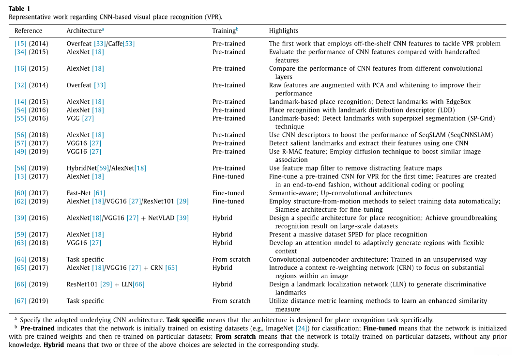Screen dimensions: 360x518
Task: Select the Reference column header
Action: pyautogui.click(x=28, y=31)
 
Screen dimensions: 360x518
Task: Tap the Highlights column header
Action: pyautogui.click(x=284, y=31)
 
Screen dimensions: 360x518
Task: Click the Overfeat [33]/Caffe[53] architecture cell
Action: pyautogui.click(x=101, y=44)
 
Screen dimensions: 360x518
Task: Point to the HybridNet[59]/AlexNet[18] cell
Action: pyautogui.click(x=106, y=168)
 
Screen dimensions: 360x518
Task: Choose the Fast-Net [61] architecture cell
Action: pyautogui.click(x=86, y=193)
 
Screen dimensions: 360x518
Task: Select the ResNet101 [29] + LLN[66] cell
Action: pyautogui.click(x=106, y=284)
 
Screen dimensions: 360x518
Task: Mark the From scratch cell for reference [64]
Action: pyautogui.click(x=231, y=259)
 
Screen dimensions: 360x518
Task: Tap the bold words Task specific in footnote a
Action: pyautogui.click(x=185, y=320)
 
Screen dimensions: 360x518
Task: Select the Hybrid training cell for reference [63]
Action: pyautogui.click(x=222, y=243)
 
